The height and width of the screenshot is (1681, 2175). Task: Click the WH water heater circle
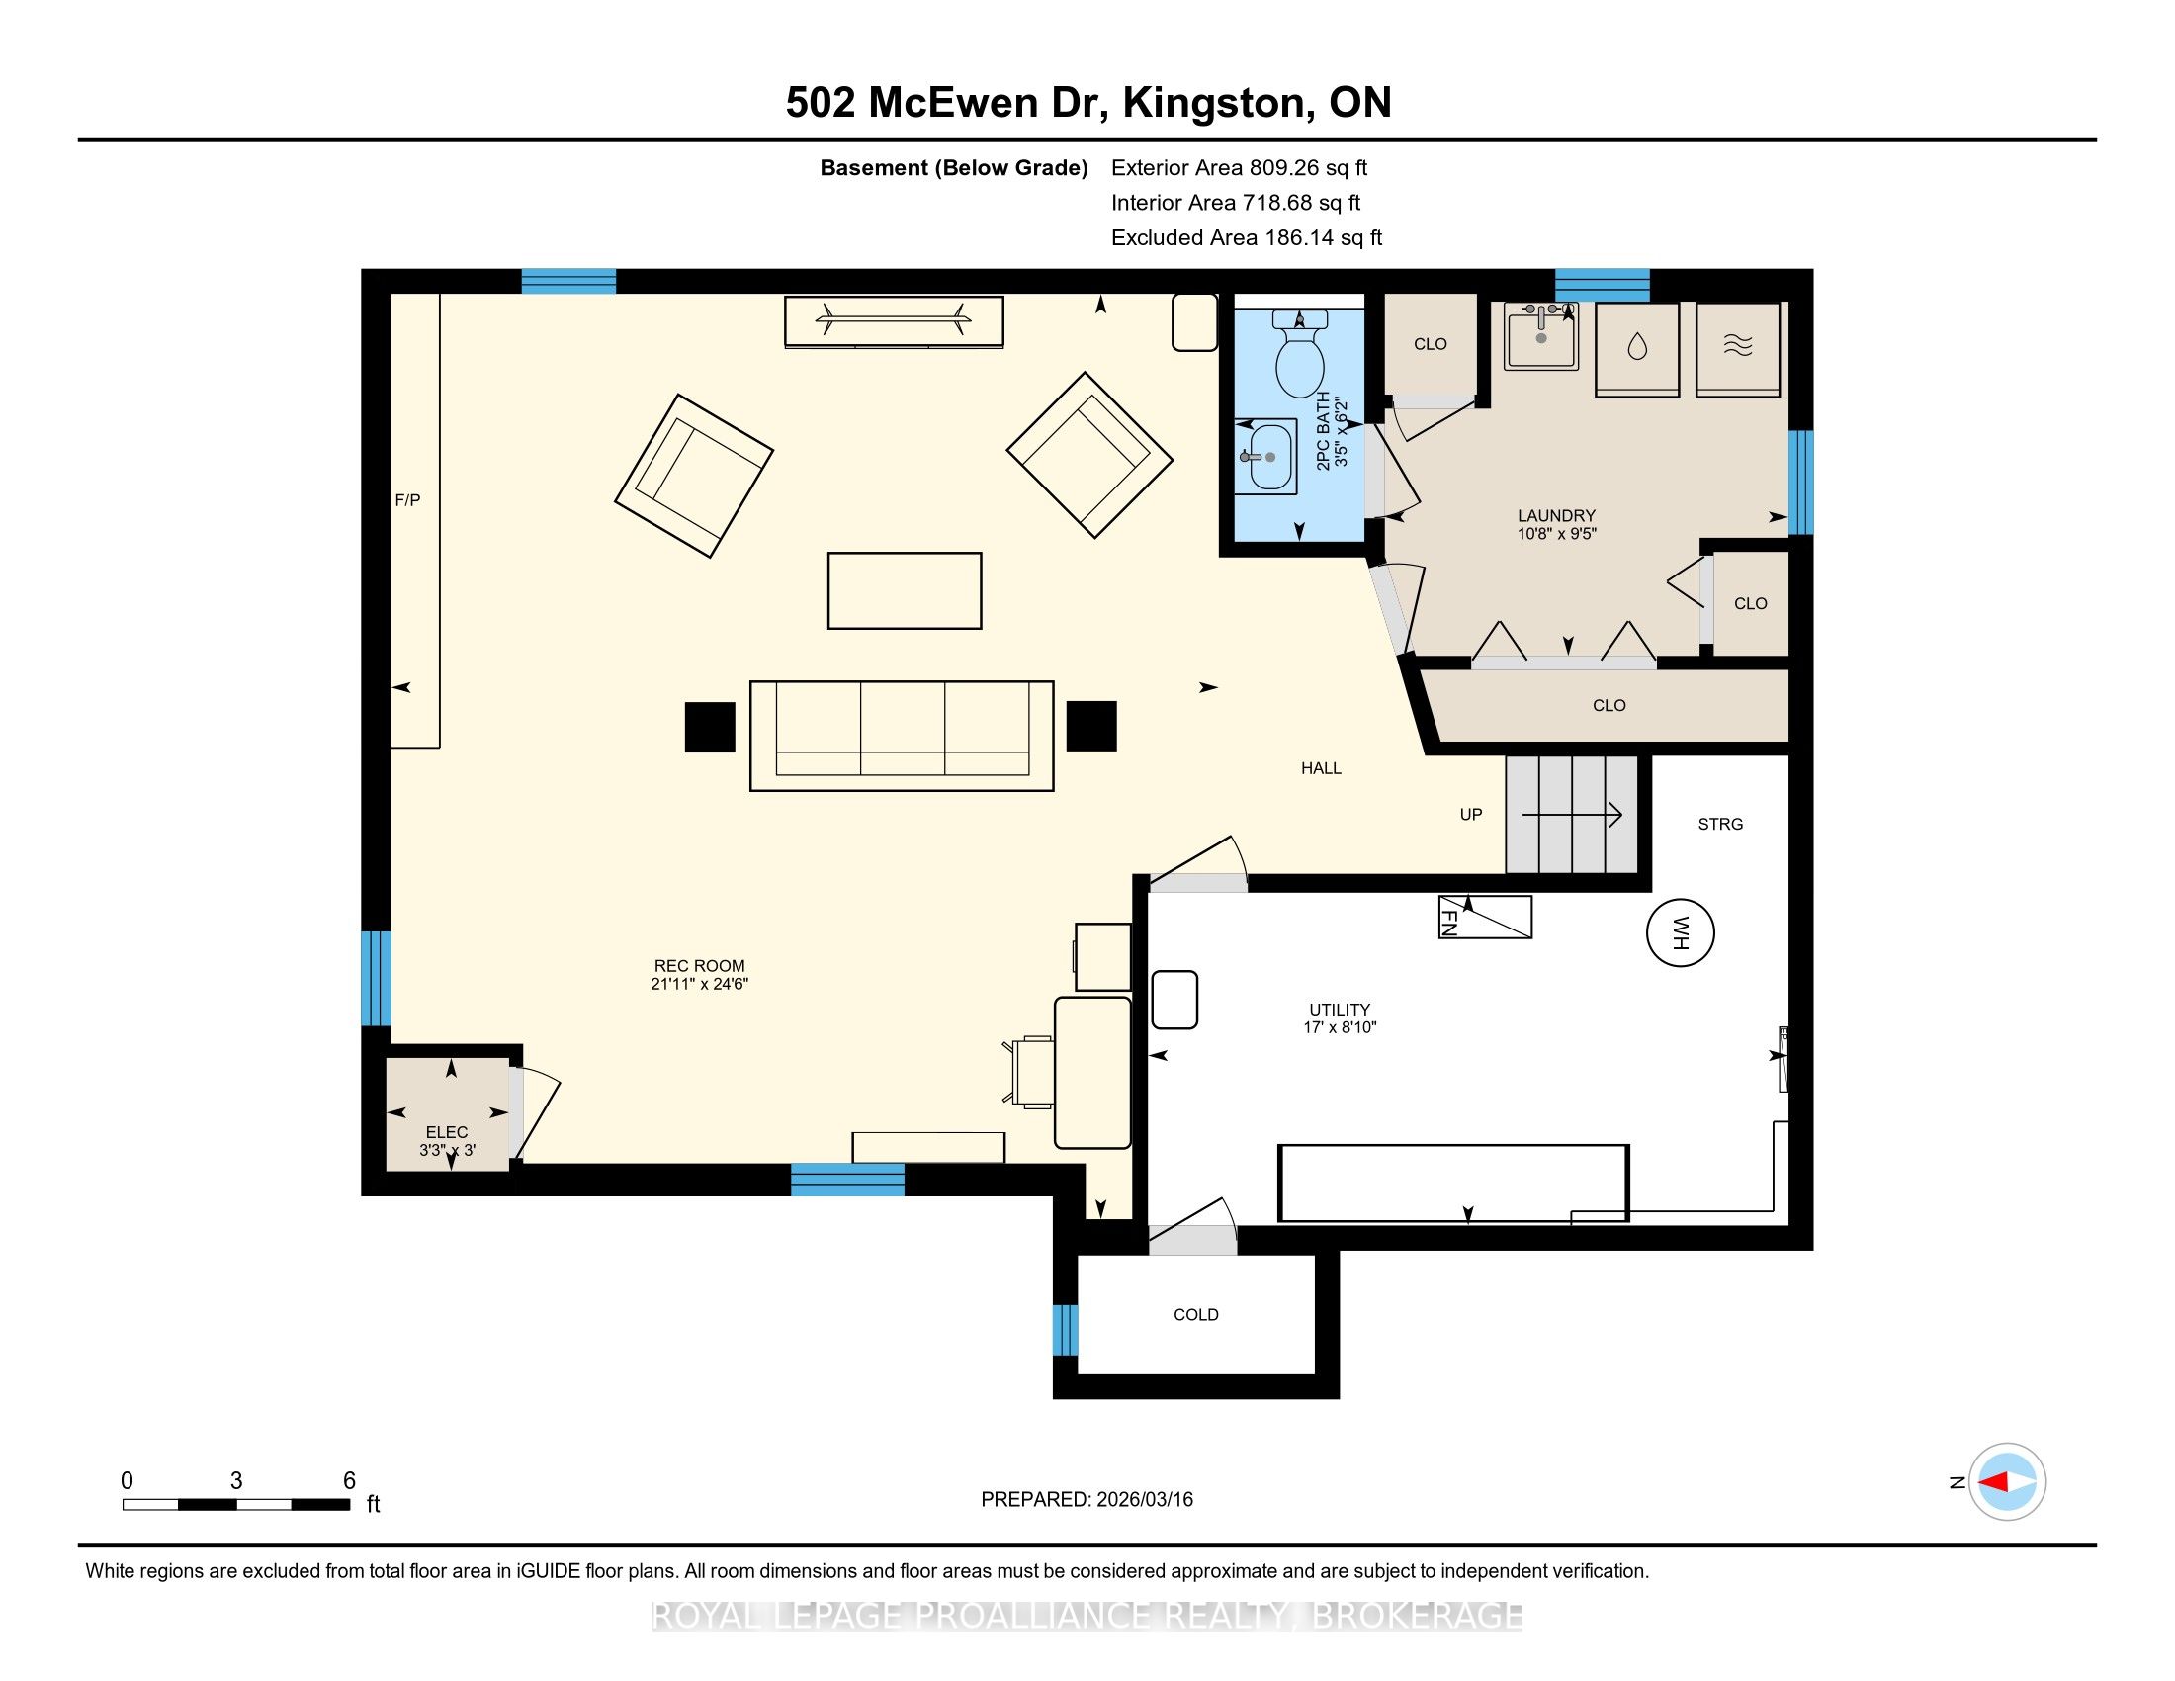coord(1680,933)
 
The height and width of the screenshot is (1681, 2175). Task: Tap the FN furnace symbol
coord(1485,918)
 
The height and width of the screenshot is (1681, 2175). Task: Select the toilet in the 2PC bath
coord(1300,354)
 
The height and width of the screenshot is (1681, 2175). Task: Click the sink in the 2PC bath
coord(1265,456)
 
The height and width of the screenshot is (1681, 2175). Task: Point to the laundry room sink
coord(1541,335)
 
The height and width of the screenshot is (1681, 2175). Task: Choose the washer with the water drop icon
coord(1637,348)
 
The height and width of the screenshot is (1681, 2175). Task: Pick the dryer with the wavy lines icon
coord(1738,348)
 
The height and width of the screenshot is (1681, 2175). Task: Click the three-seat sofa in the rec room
coord(902,735)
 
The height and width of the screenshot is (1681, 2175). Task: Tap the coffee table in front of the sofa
coord(905,590)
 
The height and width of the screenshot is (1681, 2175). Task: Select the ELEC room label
coord(446,1132)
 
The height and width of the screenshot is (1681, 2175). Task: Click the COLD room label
coord(1196,1314)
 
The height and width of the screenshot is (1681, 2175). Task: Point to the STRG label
coord(1721,824)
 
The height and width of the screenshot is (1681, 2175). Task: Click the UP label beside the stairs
coord(1471,815)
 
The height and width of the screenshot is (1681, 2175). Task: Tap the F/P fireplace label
coord(407,500)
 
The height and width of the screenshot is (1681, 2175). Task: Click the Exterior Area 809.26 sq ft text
coord(1240,167)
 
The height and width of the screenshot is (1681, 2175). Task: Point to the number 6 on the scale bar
coord(350,1481)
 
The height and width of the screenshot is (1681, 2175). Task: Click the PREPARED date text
coord(1087,1500)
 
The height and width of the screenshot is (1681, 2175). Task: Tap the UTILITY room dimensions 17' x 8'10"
coord(1340,1027)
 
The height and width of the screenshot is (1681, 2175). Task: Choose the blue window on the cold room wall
coord(1066,1330)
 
